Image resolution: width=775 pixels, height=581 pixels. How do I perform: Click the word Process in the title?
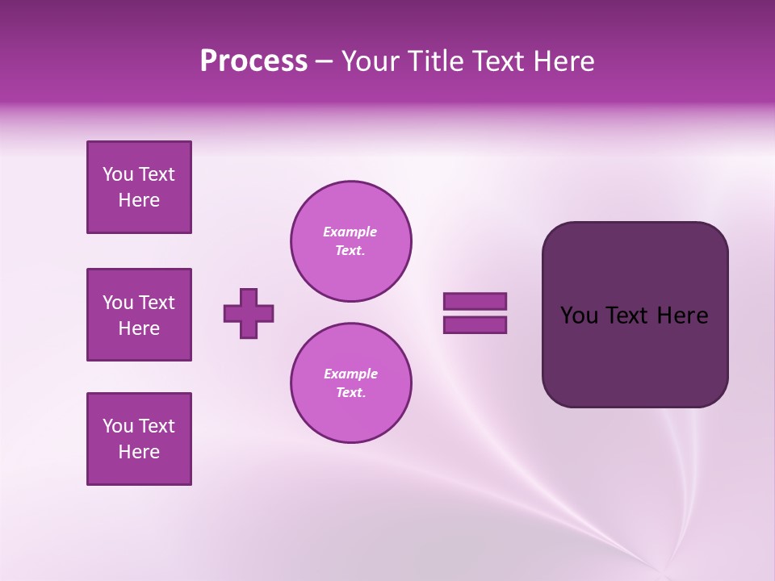tap(253, 61)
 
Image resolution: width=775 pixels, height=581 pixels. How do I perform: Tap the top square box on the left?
tap(139, 187)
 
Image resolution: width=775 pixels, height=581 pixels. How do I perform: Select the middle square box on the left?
tap(139, 315)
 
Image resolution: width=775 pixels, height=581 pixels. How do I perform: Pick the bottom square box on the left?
tap(139, 439)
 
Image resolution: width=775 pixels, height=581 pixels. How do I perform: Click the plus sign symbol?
tap(249, 313)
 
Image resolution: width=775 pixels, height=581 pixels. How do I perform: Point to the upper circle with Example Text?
tap(351, 241)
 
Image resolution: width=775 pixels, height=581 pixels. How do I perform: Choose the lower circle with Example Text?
tap(351, 383)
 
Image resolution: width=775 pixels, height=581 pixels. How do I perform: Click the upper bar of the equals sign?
tap(475, 302)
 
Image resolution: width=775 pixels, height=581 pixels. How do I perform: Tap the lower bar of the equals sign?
tap(475, 324)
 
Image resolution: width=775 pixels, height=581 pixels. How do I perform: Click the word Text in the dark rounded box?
tap(627, 316)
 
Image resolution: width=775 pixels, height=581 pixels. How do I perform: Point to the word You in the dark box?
tap(578, 316)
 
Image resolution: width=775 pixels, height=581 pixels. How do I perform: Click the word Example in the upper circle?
tap(350, 232)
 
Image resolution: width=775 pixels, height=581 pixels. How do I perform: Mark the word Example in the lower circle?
tap(350, 374)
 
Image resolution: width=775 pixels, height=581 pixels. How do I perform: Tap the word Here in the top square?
tap(139, 200)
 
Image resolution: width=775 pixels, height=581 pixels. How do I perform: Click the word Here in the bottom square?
tap(139, 452)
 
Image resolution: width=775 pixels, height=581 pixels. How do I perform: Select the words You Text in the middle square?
tap(139, 303)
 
